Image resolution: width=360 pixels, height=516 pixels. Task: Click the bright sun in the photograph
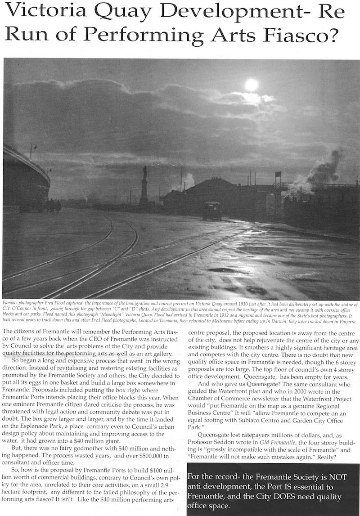coord(251,85)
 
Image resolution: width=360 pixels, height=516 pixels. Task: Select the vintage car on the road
coord(211,210)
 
